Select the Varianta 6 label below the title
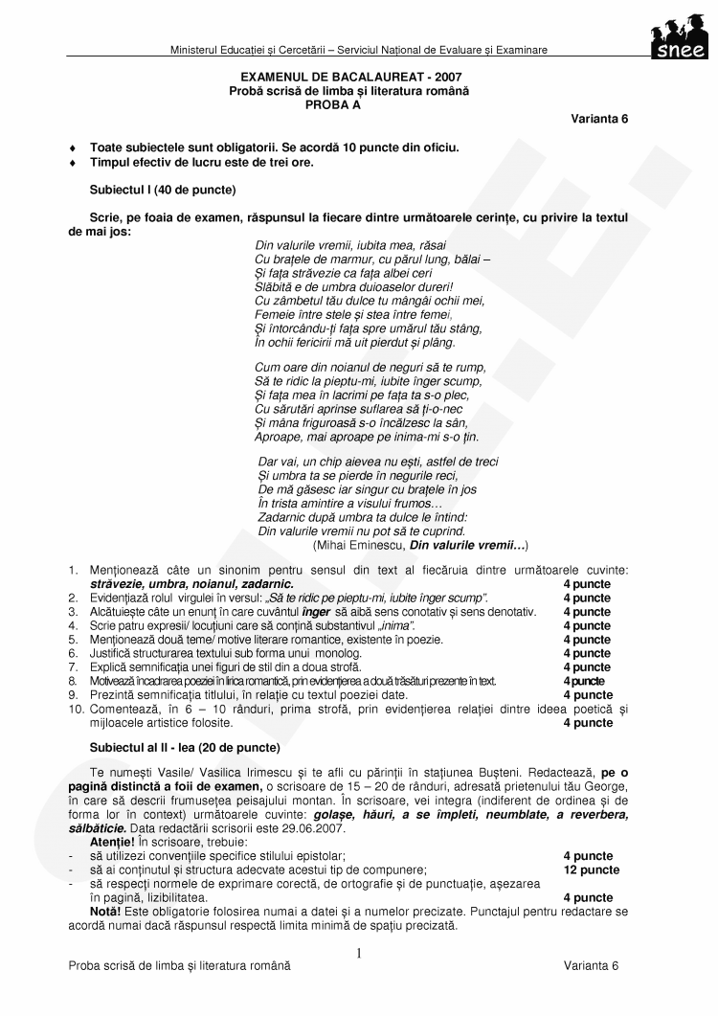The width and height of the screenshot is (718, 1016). [599, 118]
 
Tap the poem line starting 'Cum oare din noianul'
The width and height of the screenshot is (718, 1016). [370, 366]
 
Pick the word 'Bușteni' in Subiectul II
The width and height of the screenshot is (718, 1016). [550, 771]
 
